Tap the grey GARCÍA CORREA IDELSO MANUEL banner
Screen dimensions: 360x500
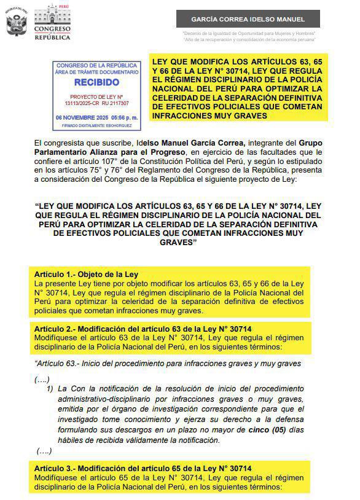tap(248, 19)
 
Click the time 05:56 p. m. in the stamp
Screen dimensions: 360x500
tap(123, 117)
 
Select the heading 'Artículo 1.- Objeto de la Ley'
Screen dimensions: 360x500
tap(86, 274)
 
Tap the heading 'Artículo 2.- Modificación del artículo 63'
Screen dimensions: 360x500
tap(143, 329)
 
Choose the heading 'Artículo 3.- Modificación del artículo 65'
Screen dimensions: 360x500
tap(143, 469)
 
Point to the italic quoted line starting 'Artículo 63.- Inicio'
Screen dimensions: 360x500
tap(168, 363)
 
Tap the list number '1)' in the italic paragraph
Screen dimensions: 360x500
tap(50, 389)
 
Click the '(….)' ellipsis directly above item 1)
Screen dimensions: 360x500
tap(43, 379)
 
